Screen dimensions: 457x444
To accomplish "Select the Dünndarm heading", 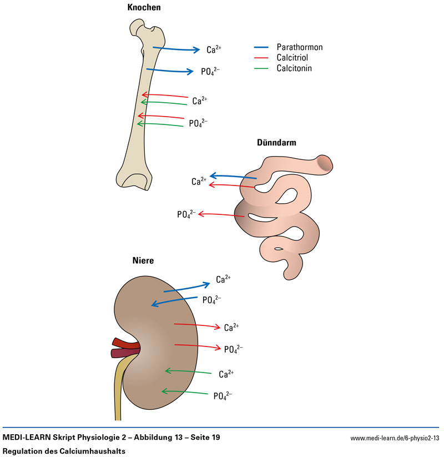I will click(x=276, y=143).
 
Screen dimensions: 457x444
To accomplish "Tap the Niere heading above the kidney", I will click(x=143, y=260).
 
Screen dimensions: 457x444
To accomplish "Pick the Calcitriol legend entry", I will click(x=293, y=58).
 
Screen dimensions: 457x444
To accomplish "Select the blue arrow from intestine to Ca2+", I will click(x=233, y=176).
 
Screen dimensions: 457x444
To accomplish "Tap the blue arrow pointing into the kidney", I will click(x=175, y=302).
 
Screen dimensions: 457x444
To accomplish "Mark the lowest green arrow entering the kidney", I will click(x=183, y=392).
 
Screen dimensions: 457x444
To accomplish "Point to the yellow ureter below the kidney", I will click(x=119, y=394).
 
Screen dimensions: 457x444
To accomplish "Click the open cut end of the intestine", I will click(x=325, y=163).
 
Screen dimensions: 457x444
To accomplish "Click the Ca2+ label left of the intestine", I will click(x=199, y=182).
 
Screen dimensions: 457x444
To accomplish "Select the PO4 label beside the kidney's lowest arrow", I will click(x=223, y=396).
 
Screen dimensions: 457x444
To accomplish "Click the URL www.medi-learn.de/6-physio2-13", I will click(x=395, y=438).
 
